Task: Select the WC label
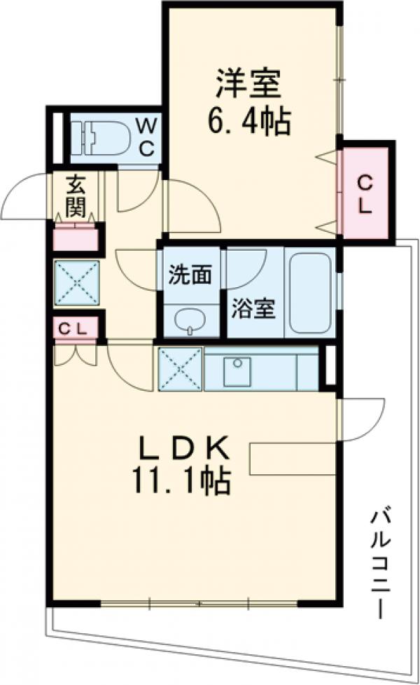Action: click(x=146, y=137)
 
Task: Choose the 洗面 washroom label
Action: click(x=189, y=276)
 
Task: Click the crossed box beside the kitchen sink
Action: click(x=180, y=368)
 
